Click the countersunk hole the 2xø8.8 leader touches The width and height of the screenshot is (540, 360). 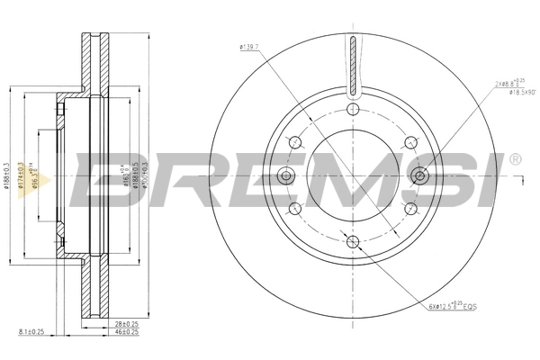click(x=418, y=175)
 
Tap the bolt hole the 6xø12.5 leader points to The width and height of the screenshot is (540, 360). click(x=352, y=240)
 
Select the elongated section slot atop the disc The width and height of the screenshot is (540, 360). click(x=352, y=64)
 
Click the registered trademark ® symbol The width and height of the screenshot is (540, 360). click(x=514, y=159)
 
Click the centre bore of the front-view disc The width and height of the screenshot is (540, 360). click(x=352, y=175)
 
